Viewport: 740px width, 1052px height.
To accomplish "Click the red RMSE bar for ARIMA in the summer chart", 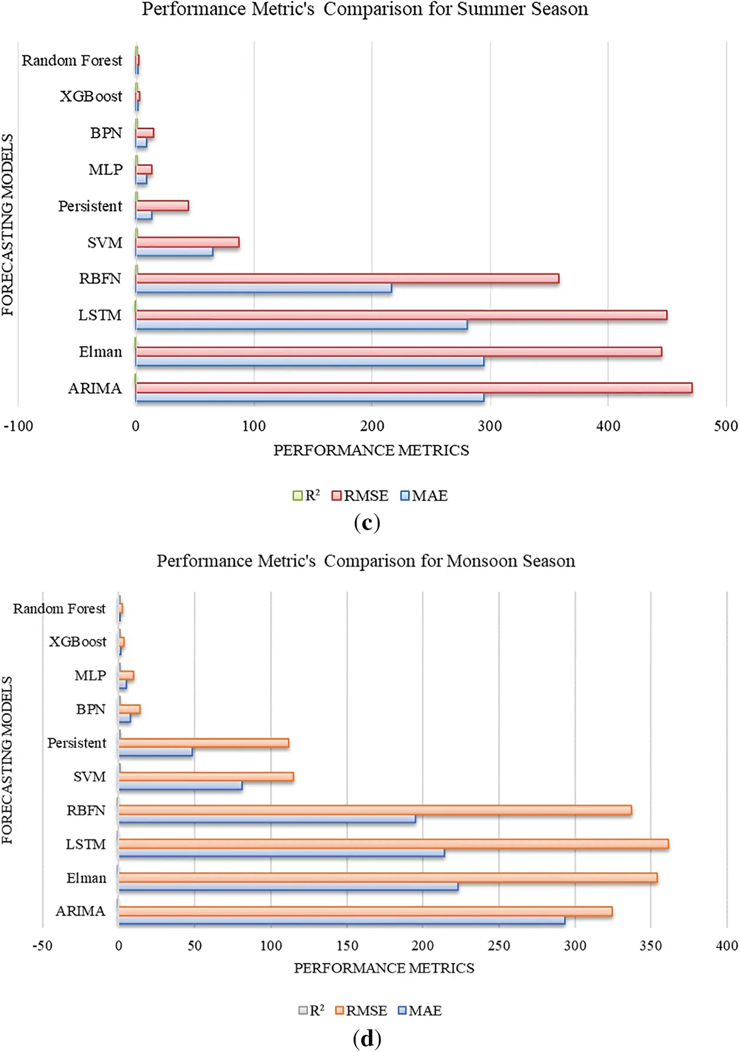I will coord(413,388).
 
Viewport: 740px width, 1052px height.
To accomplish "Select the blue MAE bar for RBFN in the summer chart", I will coord(263,288).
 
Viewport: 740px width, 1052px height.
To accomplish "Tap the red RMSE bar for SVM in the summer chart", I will coord(187,242).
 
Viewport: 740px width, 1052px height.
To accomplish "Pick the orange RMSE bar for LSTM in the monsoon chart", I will coord(393,844).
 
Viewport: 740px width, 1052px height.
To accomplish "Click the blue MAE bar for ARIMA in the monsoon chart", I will coord(341,920).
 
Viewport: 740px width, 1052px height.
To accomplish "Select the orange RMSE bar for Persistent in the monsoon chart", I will coord(204,743).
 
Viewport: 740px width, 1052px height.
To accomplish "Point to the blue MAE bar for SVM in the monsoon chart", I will coord(180,786).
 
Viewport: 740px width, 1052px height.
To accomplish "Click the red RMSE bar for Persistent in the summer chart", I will coord(162,205).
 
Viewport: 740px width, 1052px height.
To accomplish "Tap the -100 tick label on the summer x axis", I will coord(18,426).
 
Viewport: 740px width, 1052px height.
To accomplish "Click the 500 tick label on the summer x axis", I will coord(725,426).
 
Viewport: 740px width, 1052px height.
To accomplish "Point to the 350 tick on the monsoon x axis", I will coord(651,946).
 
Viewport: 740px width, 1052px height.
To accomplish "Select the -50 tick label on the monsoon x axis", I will coord(42,946).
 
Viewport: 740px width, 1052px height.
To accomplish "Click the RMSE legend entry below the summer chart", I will coord(360,496).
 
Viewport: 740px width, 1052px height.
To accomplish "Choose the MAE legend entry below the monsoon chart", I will coord(420,1011).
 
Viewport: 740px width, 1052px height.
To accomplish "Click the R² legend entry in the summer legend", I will coord(306,496).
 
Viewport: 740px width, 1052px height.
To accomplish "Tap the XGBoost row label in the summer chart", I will coord(91,96).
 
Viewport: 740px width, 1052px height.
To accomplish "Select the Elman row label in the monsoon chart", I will coord(86,878).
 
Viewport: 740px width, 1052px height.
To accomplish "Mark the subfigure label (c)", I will coord(366,522).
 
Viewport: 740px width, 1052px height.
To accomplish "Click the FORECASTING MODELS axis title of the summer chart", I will coord(8,224).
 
